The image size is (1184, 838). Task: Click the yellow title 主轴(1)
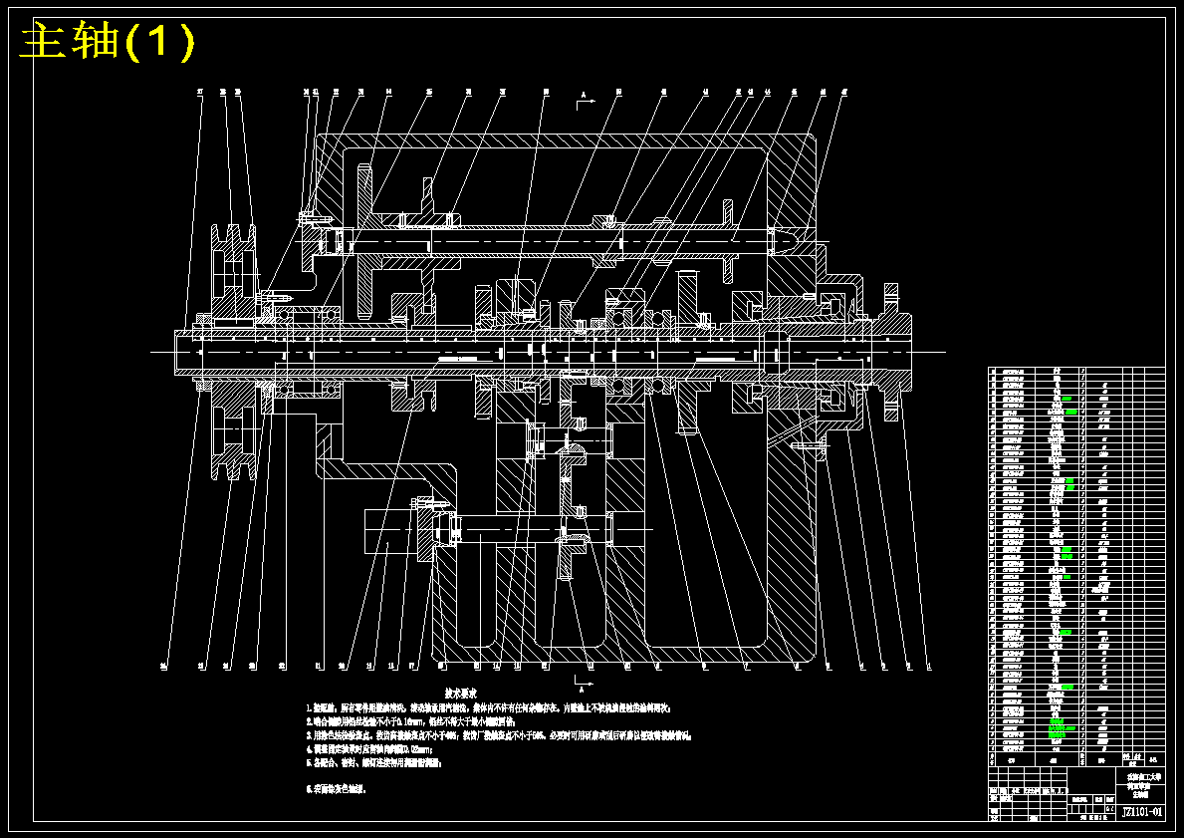109,42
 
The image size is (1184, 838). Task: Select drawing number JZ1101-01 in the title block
1142,812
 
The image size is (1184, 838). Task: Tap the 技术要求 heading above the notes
460,692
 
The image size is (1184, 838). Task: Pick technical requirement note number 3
498,735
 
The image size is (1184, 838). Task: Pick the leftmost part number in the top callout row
200,93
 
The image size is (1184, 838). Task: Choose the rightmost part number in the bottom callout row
928,665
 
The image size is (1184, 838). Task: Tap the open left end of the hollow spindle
179,352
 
